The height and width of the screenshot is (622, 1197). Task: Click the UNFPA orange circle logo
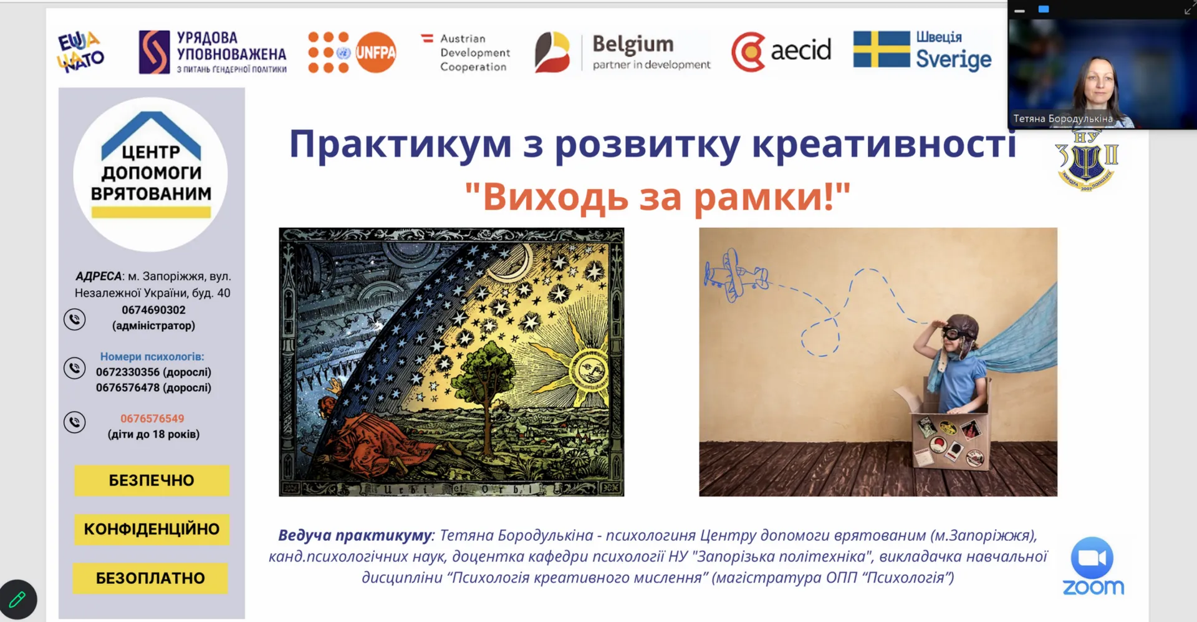tap(375, 52)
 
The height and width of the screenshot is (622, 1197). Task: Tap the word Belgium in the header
tap(633, 44)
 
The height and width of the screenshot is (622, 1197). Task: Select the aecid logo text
tap(800, 50)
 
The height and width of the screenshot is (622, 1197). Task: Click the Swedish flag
tap(882, 49)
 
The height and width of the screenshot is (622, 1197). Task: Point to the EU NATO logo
tap(80, 52)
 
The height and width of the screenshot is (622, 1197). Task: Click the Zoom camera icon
tap(1092, 557)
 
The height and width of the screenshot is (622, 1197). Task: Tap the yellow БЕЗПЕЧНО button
tap(151, 480)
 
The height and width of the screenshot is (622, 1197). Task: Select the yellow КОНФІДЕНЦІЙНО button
tap(151, 529)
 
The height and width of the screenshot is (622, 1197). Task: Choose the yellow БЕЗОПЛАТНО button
tap(150, 578)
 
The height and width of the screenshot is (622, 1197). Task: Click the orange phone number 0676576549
tap(152, 419)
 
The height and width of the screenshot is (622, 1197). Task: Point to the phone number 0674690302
tap(153, 310)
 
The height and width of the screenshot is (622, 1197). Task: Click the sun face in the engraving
tap(589, 370)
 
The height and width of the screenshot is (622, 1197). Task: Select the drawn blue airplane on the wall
tap(736, 275)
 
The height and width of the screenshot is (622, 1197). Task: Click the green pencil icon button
tap(17, 600)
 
